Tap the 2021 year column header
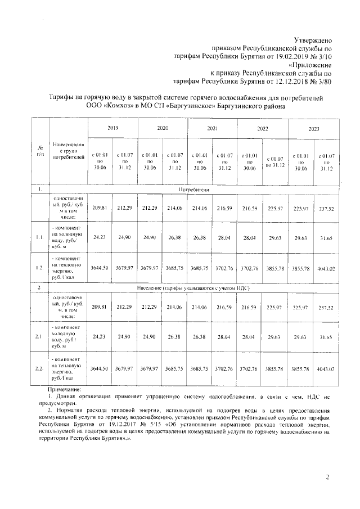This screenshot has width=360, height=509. click(x=212, y=129)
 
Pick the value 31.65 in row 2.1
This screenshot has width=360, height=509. click(x=327, y=337)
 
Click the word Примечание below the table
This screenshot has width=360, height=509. click(x=64, y=389)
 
